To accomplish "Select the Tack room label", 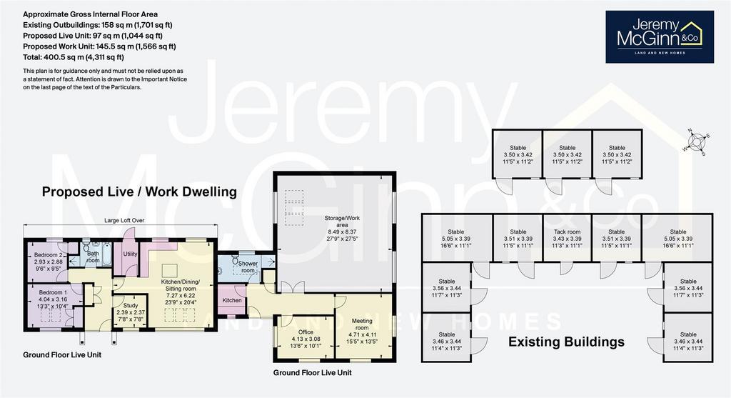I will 567,232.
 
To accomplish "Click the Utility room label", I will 130,254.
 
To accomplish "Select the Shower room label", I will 247,267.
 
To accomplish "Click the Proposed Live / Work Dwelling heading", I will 138,192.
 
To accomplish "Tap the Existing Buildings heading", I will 566,342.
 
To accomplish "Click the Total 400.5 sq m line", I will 74,57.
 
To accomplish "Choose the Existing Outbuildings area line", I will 94,25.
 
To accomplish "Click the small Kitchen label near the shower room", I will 232,300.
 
